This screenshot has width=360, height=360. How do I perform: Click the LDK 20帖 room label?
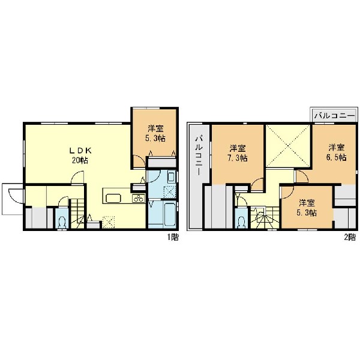80,155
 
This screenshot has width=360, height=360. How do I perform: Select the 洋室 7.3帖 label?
238,153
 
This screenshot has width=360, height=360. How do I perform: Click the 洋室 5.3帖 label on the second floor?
307,208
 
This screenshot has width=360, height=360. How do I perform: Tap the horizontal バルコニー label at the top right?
334,115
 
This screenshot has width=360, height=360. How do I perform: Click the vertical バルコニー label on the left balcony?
199,156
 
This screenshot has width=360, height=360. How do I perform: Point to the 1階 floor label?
173,237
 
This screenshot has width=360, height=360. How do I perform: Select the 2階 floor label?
350,237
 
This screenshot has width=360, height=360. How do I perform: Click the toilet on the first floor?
62,221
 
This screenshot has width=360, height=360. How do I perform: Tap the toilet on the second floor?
241,221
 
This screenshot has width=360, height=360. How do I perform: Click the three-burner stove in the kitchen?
139,199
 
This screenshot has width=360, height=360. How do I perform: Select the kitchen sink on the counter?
113,199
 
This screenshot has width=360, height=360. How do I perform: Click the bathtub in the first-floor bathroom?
170,214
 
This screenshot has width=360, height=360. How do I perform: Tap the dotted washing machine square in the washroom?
169,192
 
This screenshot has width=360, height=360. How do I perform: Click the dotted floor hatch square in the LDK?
108,222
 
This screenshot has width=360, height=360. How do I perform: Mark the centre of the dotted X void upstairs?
288,146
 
